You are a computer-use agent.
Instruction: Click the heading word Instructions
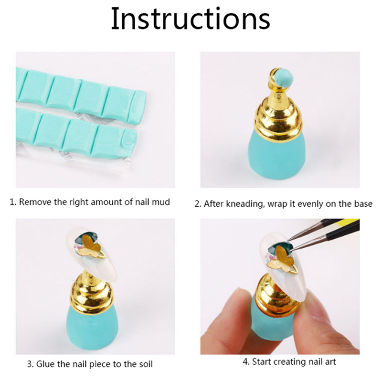[x=191, y=19]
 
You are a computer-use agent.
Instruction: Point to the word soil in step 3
[x=146, y=364]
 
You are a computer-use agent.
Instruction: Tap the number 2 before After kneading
[x=197, y=204]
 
